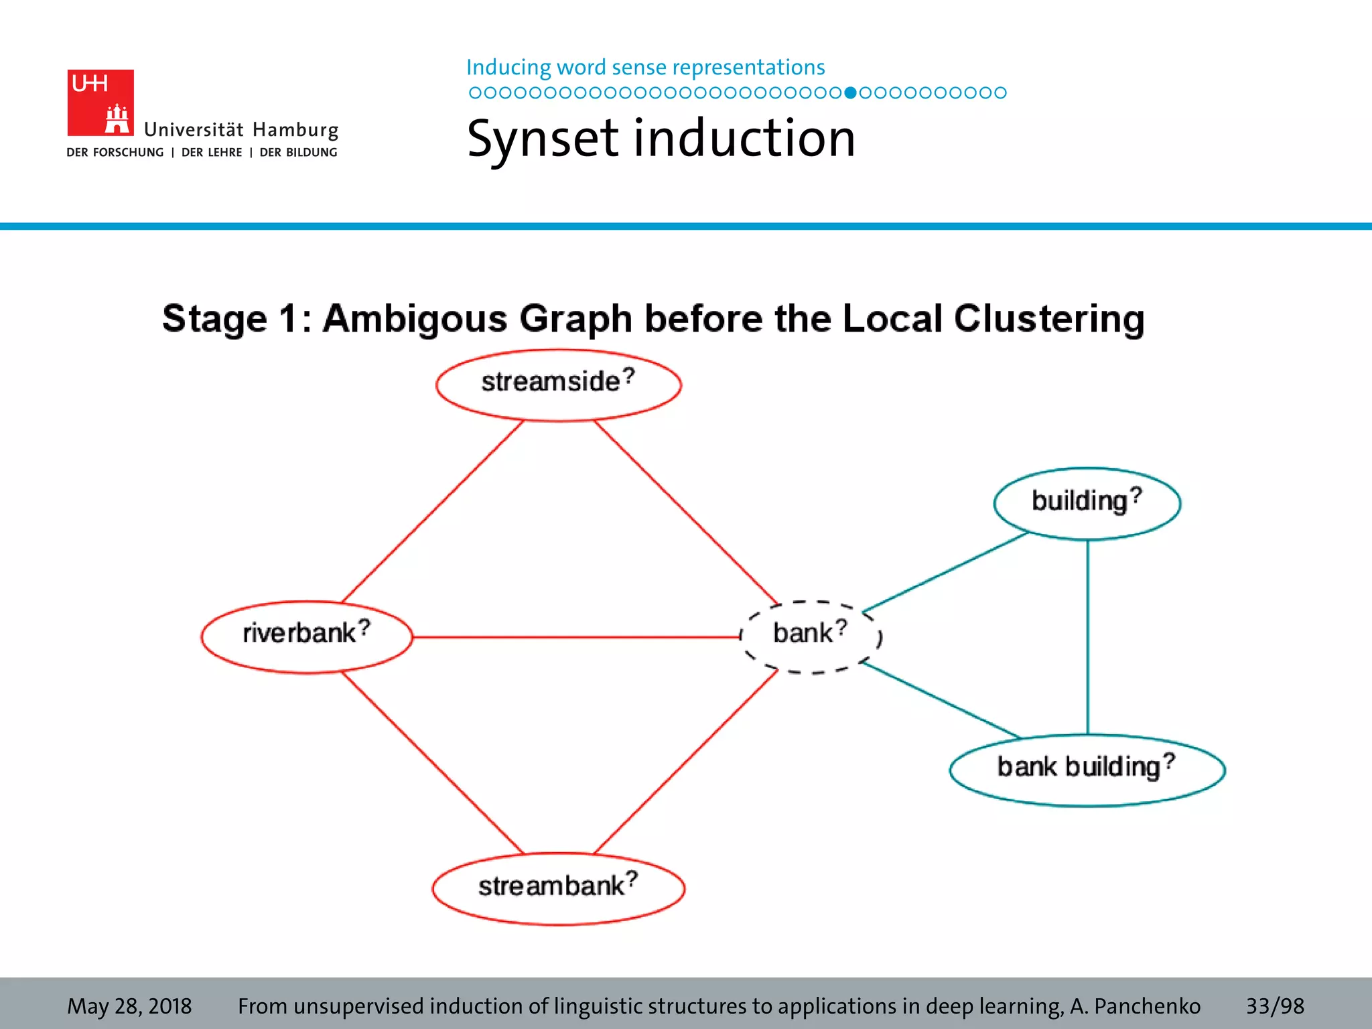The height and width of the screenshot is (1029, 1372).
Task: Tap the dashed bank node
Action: [x=811, y=636]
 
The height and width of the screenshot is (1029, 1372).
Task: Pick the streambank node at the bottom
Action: [x=558, y=888]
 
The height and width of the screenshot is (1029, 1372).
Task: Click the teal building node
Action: [x=1087, y=503]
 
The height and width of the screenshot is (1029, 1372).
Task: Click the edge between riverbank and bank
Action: [x=576, y=637]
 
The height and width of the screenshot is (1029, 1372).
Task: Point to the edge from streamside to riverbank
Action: [x=433, y=511]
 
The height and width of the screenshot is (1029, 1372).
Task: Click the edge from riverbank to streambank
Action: [x=433, y=762]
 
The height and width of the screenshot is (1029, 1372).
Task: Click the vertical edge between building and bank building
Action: [x=1087, y=636]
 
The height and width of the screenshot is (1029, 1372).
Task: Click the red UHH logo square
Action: [x=100, y=102]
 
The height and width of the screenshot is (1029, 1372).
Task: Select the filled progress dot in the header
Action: [x=850, y=92]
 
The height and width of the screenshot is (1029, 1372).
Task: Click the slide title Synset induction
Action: [x=661, y=139]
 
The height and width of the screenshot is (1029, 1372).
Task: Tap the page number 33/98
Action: [x=1274, y=1006]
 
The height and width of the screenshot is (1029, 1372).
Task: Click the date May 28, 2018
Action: [x=129, y=1006]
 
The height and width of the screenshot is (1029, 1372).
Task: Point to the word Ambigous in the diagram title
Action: [x=415, y=318]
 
